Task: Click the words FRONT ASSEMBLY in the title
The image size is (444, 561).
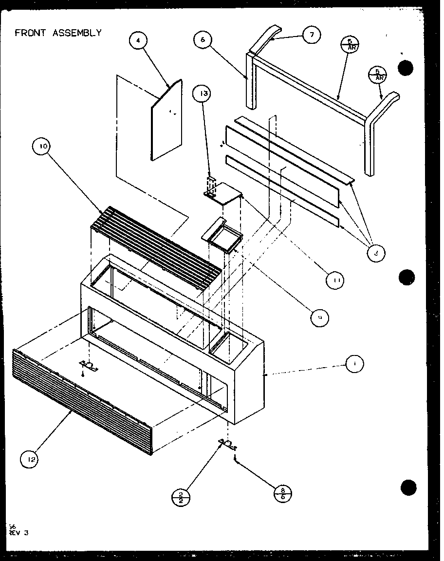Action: coord(58,33)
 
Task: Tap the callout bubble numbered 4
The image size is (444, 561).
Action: coord(139,41)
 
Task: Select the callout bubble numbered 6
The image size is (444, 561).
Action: coord(203,40)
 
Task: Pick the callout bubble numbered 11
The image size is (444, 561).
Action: coord(336,280)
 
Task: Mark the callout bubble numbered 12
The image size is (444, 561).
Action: coord(30,458)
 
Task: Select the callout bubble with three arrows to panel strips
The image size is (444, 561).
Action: coord(376,252)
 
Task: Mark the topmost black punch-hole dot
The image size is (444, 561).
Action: coord(405,68)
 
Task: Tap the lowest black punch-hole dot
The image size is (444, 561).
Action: coord(408,486)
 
